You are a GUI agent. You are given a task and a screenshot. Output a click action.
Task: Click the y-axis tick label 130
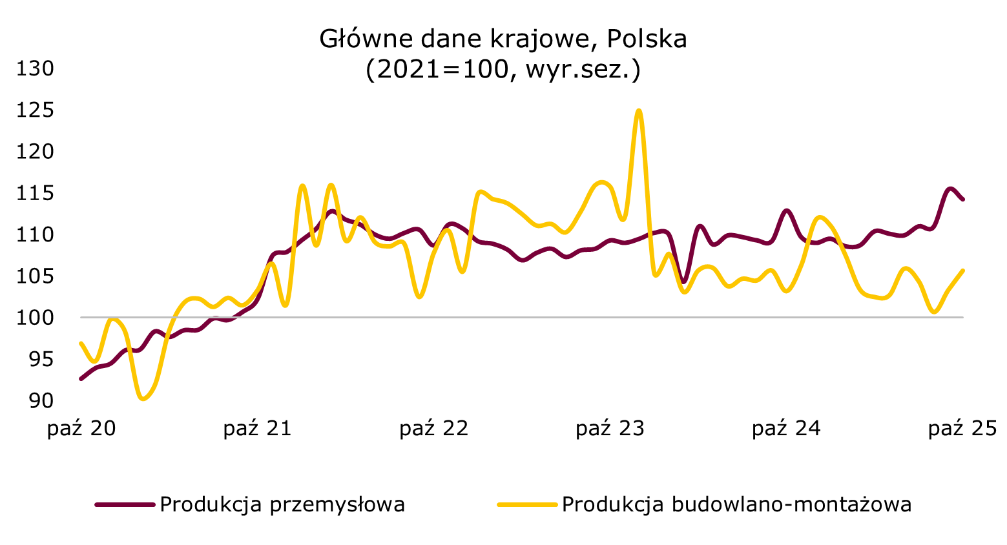point(35,68)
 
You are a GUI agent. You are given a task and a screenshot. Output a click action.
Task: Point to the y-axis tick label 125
point(35,110)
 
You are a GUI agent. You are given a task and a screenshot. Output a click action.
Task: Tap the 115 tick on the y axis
point(35,193)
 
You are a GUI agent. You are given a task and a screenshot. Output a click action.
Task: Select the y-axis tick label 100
point(35,318)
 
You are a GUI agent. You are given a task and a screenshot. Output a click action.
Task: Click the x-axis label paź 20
point(81,429)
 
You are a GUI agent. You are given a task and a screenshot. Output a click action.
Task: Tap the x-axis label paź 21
point(258,429)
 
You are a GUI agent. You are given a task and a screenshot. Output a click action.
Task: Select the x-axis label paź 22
point(434,429)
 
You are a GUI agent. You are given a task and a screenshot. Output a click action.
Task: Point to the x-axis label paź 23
point(610,429)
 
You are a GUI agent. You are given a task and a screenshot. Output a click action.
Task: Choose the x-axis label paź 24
point(787,429)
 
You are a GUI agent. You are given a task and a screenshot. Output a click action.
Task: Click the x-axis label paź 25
point(963,429)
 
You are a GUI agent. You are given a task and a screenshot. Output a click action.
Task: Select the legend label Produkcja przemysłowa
point(282,504)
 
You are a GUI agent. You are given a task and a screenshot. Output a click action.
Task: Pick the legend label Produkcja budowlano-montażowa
point(736,504)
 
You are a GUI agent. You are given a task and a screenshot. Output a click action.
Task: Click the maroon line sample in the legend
point(125,504)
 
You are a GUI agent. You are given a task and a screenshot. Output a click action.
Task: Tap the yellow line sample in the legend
point(526,504)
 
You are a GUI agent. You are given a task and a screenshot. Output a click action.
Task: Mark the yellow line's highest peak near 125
point(639,110)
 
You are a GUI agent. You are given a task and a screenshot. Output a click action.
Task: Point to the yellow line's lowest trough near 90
point(143,399)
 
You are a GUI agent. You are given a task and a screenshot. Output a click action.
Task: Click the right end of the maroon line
point(963,200)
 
